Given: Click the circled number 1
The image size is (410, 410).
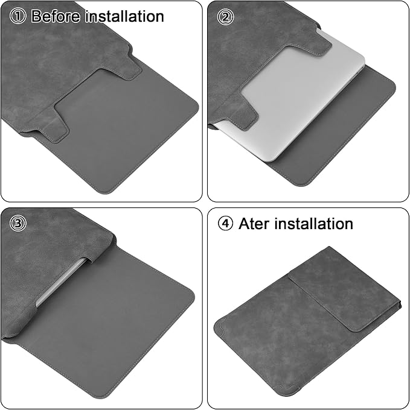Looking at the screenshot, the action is click(x=18, y=16).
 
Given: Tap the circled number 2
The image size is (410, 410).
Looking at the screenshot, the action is click(x=225, y=17).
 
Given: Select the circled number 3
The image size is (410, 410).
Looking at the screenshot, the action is click(x=18, y=223).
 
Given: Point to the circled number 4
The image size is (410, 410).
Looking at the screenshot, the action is click(x=225, y=224).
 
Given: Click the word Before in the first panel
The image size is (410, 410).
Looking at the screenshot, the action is click(x=56, y=16).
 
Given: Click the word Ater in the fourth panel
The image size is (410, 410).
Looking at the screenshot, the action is click(x=254, y=224).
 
